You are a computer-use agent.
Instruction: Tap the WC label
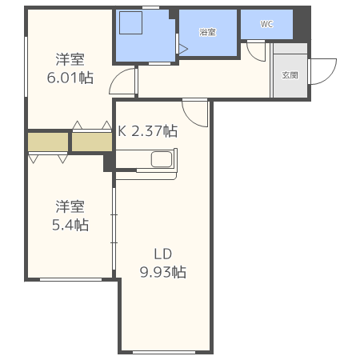266,24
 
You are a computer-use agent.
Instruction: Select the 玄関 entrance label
290,75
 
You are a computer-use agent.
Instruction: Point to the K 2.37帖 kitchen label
148,130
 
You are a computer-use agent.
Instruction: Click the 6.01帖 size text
70,78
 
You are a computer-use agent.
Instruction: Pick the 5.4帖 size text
70,225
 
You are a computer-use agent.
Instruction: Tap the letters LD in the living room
163,254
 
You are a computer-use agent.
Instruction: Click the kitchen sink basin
162,159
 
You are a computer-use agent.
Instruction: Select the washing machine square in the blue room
130,24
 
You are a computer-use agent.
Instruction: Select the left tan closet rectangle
48,142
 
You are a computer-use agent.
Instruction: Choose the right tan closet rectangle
91,142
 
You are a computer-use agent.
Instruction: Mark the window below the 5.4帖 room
70,279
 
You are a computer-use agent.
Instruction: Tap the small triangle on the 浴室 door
182,49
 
